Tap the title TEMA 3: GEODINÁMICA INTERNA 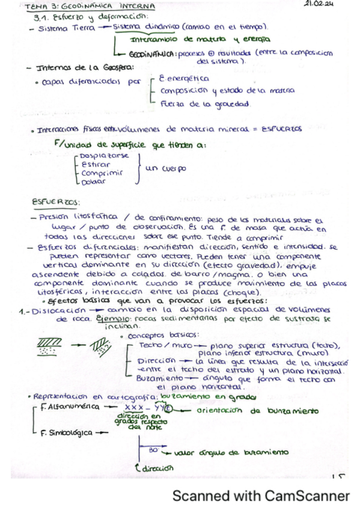(x=91, y=7)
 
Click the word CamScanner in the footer (x=312, y=496)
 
